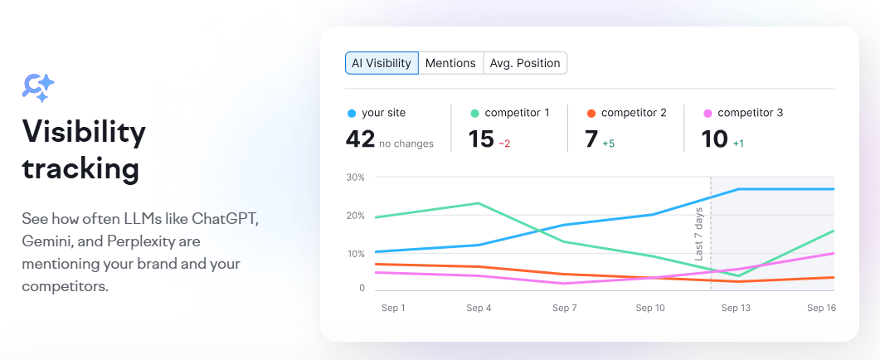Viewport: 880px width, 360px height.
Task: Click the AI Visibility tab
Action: [382, 63]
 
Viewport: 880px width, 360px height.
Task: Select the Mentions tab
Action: [450, 63]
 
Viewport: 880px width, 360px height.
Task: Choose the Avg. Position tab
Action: [525, 63]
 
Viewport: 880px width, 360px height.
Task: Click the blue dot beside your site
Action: [352, 113]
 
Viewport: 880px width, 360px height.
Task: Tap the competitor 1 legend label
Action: [517, 113]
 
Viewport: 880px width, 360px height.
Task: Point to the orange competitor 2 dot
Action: [591, 113]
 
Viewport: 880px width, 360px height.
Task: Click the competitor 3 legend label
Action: [750, 113]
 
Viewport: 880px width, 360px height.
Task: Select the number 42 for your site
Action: [360, 139]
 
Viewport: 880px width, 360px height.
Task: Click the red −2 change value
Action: [504, 144]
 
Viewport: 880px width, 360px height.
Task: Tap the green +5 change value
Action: [608, 144]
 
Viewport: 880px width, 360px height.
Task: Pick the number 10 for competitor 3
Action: [714, 139]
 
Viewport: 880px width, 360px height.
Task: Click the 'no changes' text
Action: [406, 144]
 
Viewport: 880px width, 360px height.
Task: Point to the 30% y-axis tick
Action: [355, 178]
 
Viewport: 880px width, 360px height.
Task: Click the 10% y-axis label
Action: [355, 253]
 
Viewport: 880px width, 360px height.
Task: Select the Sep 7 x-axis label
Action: [565, 308]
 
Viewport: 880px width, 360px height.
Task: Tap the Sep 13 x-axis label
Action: [735, 308]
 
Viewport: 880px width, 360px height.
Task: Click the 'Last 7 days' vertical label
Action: [699, 235]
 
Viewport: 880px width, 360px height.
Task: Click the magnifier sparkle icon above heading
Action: [38, 87]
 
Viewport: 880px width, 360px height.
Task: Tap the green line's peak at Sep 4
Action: [479, 203]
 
